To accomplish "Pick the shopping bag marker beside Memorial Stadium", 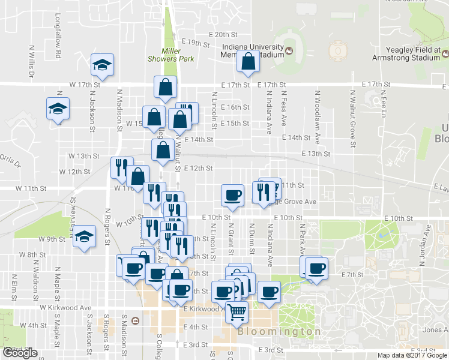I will click(x=247, y=61).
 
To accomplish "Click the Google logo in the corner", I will click(x=20, y=353).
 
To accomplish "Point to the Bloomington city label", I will click(x=279, y=332).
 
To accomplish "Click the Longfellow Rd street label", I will click(x=59, y=37).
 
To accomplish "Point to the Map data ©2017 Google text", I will click(x=412, y=355).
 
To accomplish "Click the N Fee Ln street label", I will click(x=382, y=104).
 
